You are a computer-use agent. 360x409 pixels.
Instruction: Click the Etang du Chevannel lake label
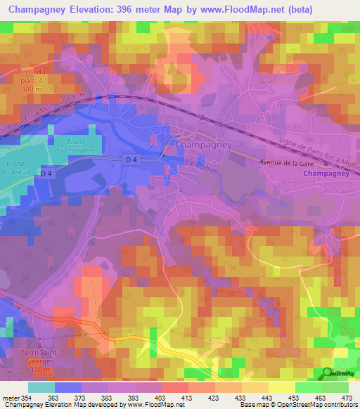coord(70,145)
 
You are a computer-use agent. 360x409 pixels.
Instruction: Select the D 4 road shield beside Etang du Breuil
coord(47,174)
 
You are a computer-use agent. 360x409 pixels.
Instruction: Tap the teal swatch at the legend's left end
coord(41,387)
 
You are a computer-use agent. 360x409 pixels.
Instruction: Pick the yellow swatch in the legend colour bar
coord(281,387)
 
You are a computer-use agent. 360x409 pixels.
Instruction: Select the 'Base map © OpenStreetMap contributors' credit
coord(300,405)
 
